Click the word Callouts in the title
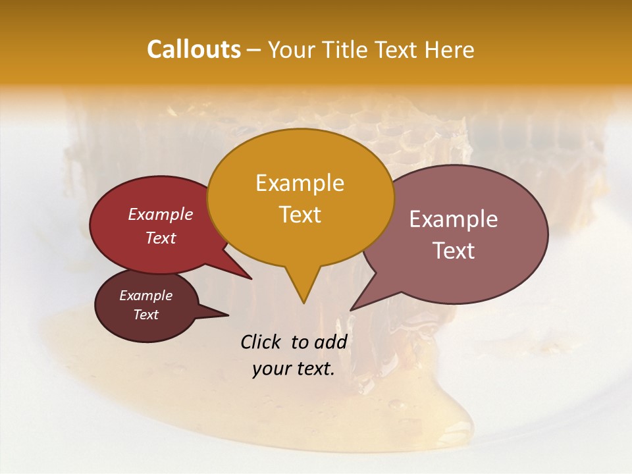pyautogui.click(x=194, y=50)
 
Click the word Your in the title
pyautogui.click(x=291, y=50)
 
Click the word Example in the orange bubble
pyautogui.click(x=300, y=183)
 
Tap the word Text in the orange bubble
pyautogui.click(x=300, y=215)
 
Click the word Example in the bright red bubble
pyautogui.click(x=161, y=214)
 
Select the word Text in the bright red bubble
pyautogui.click(x=161, y=238)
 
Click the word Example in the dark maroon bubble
pyautogui.click(x=145, y=296)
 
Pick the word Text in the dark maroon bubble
pyautogui.click(x=145, y=315)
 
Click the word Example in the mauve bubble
pyautogui.click(x=454, y=219)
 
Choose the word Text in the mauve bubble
pyautogui.click(x=454, y=251)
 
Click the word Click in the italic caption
pyautogui.click(x=261, y=342)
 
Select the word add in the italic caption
pyautogui.click(x=330, y=342)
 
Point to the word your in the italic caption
pyautogui.click(x=271, y=369)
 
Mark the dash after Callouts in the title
pyautogui.click(x=255, y=50)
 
